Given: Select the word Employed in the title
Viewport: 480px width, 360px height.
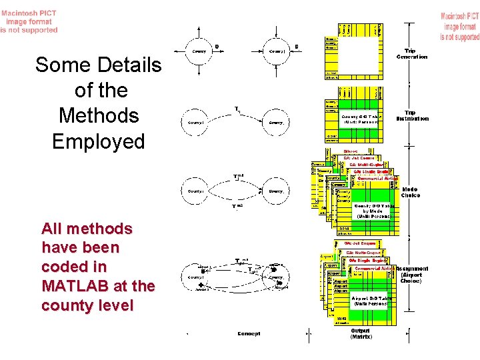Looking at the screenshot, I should [98, 141].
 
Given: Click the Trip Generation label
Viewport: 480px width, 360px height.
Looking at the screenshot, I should [412, 53].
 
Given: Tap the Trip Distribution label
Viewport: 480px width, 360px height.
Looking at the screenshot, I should [413, 116].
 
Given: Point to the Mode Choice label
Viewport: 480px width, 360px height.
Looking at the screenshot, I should [411, 192].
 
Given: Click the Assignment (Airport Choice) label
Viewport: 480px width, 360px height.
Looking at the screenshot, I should [413, 275].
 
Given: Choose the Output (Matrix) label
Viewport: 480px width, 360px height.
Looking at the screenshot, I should [361, 333].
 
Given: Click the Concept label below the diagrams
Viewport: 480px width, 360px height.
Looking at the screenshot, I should [249, 333].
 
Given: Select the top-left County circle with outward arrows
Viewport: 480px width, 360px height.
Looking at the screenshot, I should [199, 51].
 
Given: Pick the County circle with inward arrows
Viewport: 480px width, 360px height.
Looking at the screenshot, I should [277, 51].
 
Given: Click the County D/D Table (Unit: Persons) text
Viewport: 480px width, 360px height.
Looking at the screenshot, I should [361, 119].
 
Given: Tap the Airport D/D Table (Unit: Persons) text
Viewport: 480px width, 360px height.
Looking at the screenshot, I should [369, 301].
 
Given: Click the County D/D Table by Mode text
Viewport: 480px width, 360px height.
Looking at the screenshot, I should [374, 211].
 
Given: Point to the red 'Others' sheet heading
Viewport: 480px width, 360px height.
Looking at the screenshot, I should [351, 151].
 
